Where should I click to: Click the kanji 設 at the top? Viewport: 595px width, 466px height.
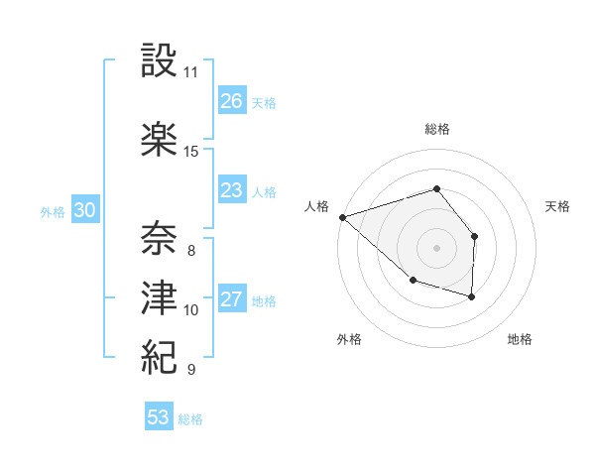[160, 60]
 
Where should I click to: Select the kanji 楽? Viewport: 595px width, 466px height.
[160, 139]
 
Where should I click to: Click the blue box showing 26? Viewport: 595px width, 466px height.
[232, 101]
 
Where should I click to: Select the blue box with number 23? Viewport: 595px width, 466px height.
[232, 190]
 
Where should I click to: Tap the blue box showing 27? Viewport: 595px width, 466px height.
[232, 299]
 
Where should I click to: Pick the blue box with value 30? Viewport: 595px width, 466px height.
[85, 210]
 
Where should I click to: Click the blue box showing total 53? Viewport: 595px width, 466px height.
[159, 417]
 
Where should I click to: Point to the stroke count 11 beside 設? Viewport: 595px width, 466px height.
[190, 72]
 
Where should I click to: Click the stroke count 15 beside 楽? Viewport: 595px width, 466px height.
[190, 152]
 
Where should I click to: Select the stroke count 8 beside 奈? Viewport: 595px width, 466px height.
[190, 251]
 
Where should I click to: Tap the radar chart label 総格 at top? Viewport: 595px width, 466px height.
[436, 129]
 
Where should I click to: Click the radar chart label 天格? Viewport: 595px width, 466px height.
[557, 206]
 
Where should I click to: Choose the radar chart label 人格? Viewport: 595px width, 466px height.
[316, 206]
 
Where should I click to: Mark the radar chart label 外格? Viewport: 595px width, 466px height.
[349, 339]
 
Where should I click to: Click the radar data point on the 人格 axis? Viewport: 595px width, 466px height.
[342, 217]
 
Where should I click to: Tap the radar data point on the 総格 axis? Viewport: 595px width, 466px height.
[436, 188]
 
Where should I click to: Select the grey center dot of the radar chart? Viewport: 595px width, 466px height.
[436, 247]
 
